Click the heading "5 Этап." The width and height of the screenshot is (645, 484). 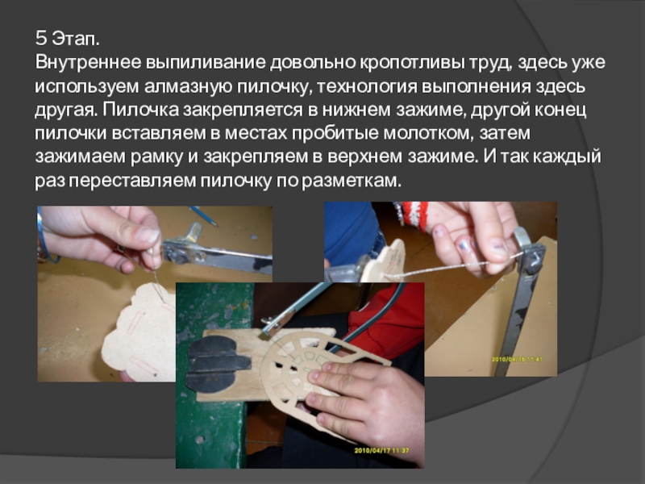click(68, 39)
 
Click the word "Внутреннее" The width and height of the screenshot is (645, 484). click(88, 63)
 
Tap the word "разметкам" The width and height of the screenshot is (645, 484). click(351, 181)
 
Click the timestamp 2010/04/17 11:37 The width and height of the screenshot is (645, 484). click(381, 450)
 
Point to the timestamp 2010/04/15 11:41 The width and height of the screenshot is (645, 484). click(517, 359)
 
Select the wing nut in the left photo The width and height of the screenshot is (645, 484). click(193, 233)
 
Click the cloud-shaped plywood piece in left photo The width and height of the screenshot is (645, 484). click(139, 332)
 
